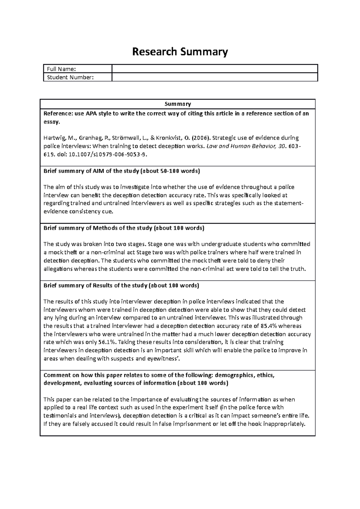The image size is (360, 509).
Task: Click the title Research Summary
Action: click(x=180, y=52)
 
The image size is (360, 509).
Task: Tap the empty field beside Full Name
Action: click(x=214, y=69)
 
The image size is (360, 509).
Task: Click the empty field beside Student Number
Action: click(x=214, y=77)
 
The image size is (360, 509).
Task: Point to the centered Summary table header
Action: click(x=178, y=104)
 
